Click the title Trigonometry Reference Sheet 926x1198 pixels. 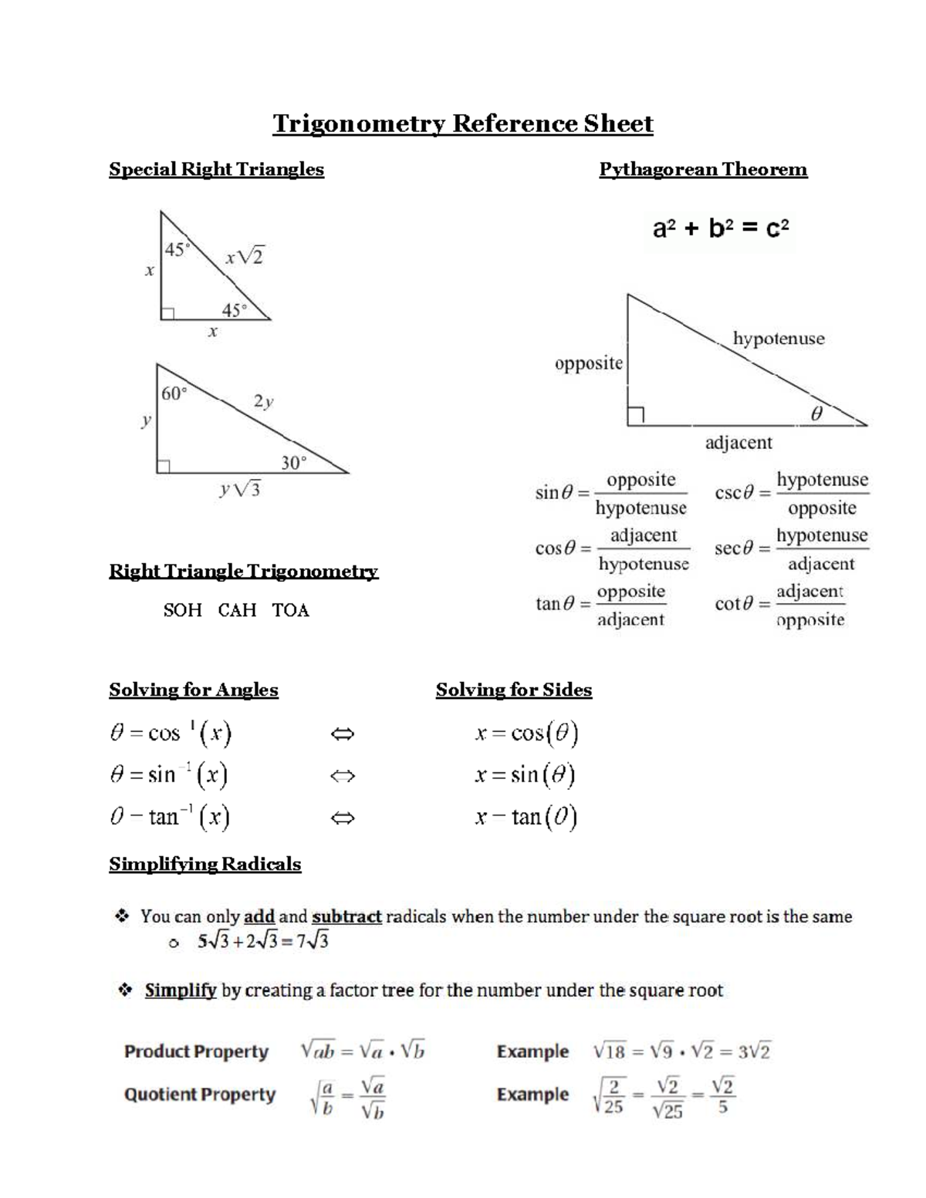click(x=462, y=123)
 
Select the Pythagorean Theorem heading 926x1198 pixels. click(x=703, y=170)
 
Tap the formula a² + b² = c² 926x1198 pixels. click(x=721, y=228)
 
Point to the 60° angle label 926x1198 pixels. click(x=174, y=393)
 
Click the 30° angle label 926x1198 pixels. click(x=293, y=463)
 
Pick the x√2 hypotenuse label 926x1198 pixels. click(x=245, y=257)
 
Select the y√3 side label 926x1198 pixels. click(x=240, y=489)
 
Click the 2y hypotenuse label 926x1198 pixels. click(x=263, y=401)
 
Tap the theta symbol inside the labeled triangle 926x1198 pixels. click(x=816, y=414)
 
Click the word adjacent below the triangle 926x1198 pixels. click(x=738, y=443)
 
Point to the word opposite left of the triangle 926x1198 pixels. click(x=588, y=363)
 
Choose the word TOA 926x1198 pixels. click(x=290, y=610)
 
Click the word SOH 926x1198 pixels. click(x=182, y=610)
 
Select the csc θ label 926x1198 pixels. click(x=734, y=493)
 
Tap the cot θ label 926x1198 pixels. click(x=734, y=604)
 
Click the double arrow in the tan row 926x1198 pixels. click(x=342, y=817)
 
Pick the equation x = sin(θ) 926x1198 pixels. click(x=525, y=774)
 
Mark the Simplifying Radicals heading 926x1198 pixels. click(x=204, y=864)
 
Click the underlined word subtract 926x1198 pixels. click(x=346, y=916)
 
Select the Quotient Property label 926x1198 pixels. click(x=200, y=1095)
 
